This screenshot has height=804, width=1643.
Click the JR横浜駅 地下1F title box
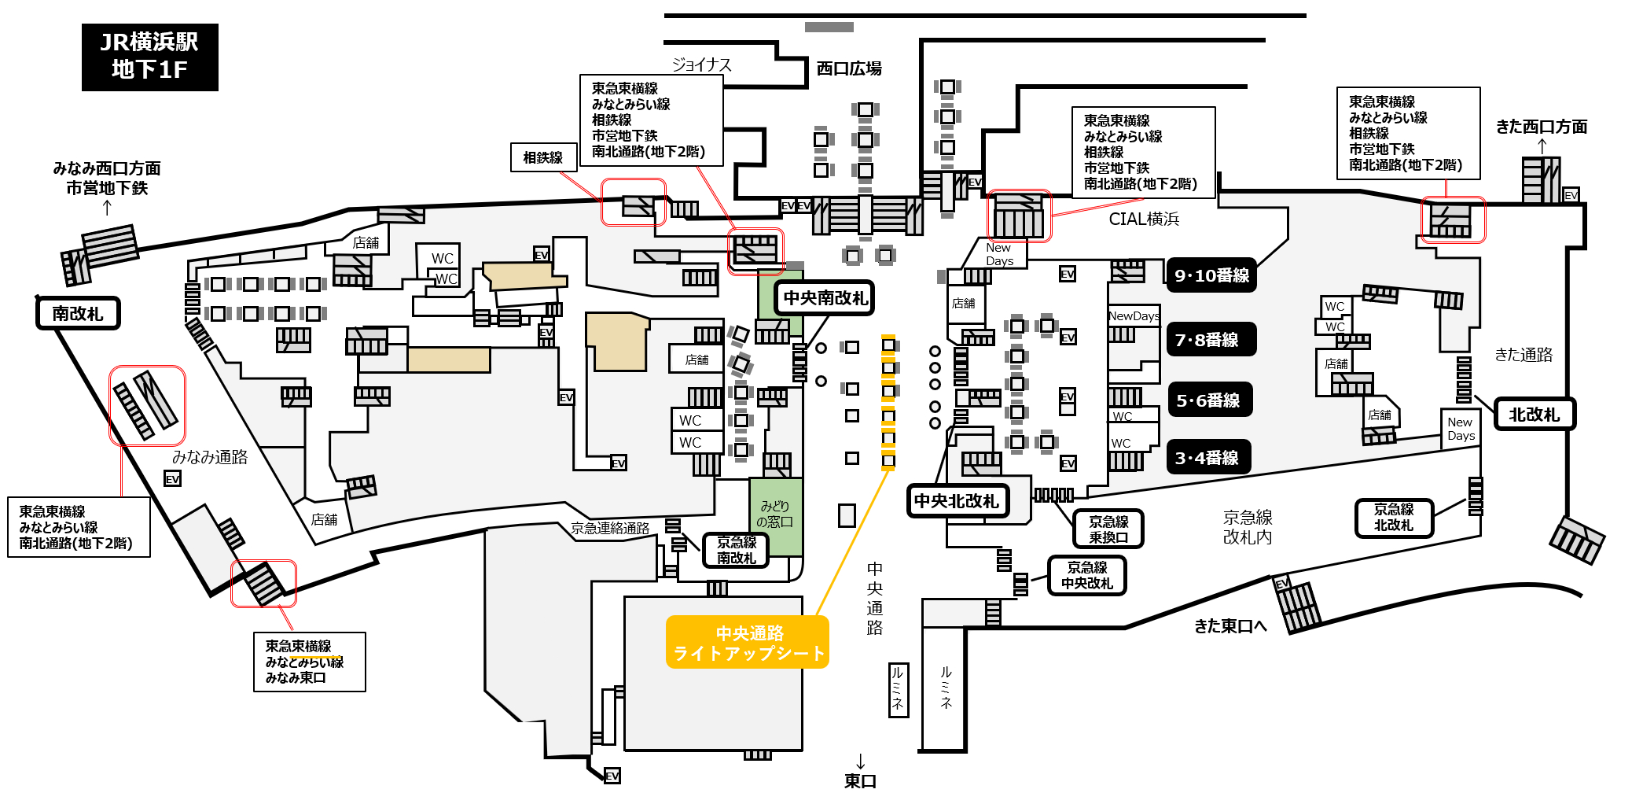tap(149, 57)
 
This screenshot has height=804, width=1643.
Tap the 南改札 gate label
tap(78, 313)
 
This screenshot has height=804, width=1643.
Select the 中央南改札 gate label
tap(825, 298)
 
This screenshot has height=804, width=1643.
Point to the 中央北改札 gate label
tap(956, 501)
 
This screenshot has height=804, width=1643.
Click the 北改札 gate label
tap(1535, 414)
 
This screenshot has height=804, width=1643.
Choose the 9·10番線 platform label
tap(1211, 275)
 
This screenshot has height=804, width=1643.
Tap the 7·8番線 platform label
tap(1211, 339)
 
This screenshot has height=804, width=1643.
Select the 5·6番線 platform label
tap(1209, 400)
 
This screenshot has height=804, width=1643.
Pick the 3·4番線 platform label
tap(1208, 457)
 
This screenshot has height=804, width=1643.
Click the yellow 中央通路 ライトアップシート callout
tap(748, 642)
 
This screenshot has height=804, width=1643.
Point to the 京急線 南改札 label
tap(736, 550)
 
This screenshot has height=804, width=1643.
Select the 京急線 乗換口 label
tap(1108, 529)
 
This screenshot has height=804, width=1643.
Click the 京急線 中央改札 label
tap(1087, 575)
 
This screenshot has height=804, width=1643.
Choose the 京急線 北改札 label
tap(1394, 518)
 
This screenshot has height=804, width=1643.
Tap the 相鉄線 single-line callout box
tap(543, 157)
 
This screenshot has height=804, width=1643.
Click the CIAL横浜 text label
tap(1144, 219)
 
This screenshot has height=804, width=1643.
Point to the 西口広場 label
tap(849, 68)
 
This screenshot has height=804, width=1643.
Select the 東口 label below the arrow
tap(860, 780)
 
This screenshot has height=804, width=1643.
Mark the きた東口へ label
tap(1230, 626)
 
